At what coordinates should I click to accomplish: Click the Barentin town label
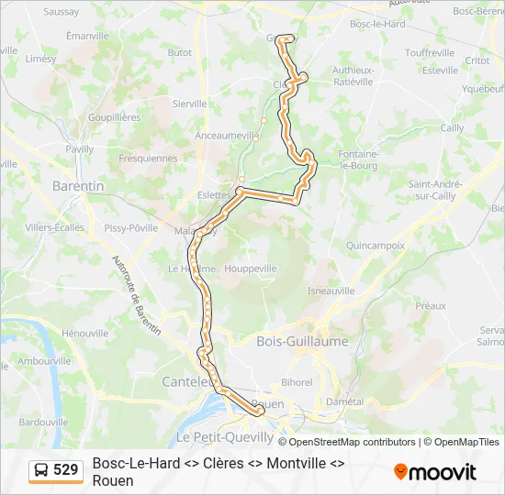78,185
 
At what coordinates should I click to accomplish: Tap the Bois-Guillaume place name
302,341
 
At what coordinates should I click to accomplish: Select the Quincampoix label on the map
376,246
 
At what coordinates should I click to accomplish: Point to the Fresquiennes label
148,159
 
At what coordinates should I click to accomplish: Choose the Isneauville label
331,291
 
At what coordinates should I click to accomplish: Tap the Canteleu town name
187,381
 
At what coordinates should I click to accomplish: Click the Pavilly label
80,148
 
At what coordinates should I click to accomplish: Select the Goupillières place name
114,118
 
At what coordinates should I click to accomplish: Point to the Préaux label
430,305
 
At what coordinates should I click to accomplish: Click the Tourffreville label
430,52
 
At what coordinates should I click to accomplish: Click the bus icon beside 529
42,470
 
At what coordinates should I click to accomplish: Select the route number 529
66,470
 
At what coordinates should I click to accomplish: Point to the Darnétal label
344,401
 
